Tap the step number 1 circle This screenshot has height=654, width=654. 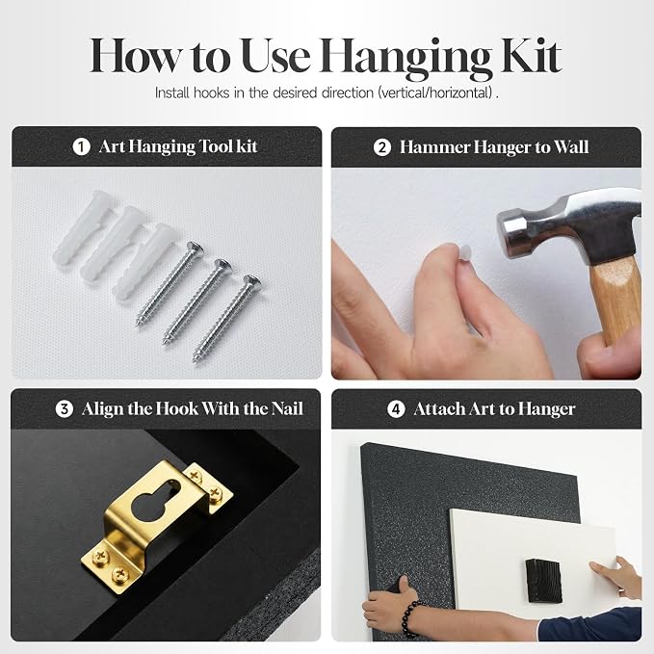click(x=81, y=146)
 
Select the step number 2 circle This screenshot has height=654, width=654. click(x=382, y=147)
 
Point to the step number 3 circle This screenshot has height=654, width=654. click(x=65, y=409)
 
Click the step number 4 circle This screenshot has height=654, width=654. click(x=396, y=409)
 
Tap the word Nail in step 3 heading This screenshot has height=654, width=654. click(x=287, y=408)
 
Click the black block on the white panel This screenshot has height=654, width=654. click(x=543, y=581)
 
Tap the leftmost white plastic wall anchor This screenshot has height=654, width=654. click(x=80, y=227)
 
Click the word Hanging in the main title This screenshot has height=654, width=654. click(x=405, y=59)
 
